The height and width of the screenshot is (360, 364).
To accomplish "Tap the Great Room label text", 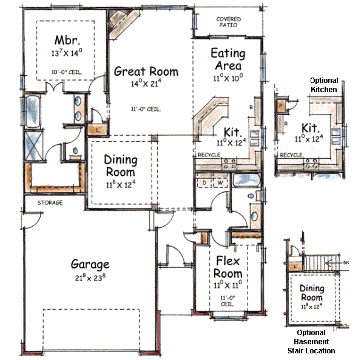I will pyautogui.click(x=146, y=72).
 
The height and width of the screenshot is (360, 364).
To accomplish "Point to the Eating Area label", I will pyautogui.click(x=227, y=59).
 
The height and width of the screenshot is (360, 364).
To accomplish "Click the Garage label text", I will pyautogui.click(x=90, y=264).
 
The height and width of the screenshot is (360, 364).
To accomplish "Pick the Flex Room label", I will pyautogui.click(x=228, y=267).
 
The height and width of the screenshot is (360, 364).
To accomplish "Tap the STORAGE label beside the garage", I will pyautogui.click(x=50, y=203).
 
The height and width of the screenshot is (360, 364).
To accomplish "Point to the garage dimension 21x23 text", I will pyautogui.click(x=90, y=278).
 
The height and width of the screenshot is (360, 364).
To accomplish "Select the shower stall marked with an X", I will pyautogui.click(x=31, y=146).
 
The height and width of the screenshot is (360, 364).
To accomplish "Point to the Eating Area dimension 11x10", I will pyautogui.click(x=227, y=78).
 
